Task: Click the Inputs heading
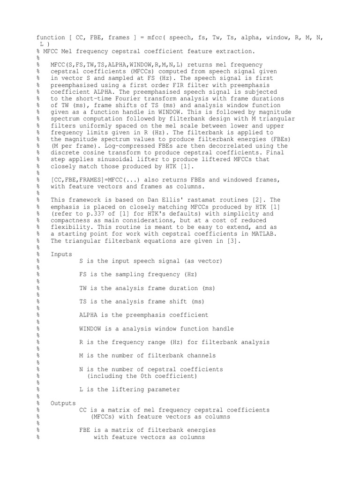point(61,254)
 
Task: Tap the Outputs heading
point(63,403)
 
